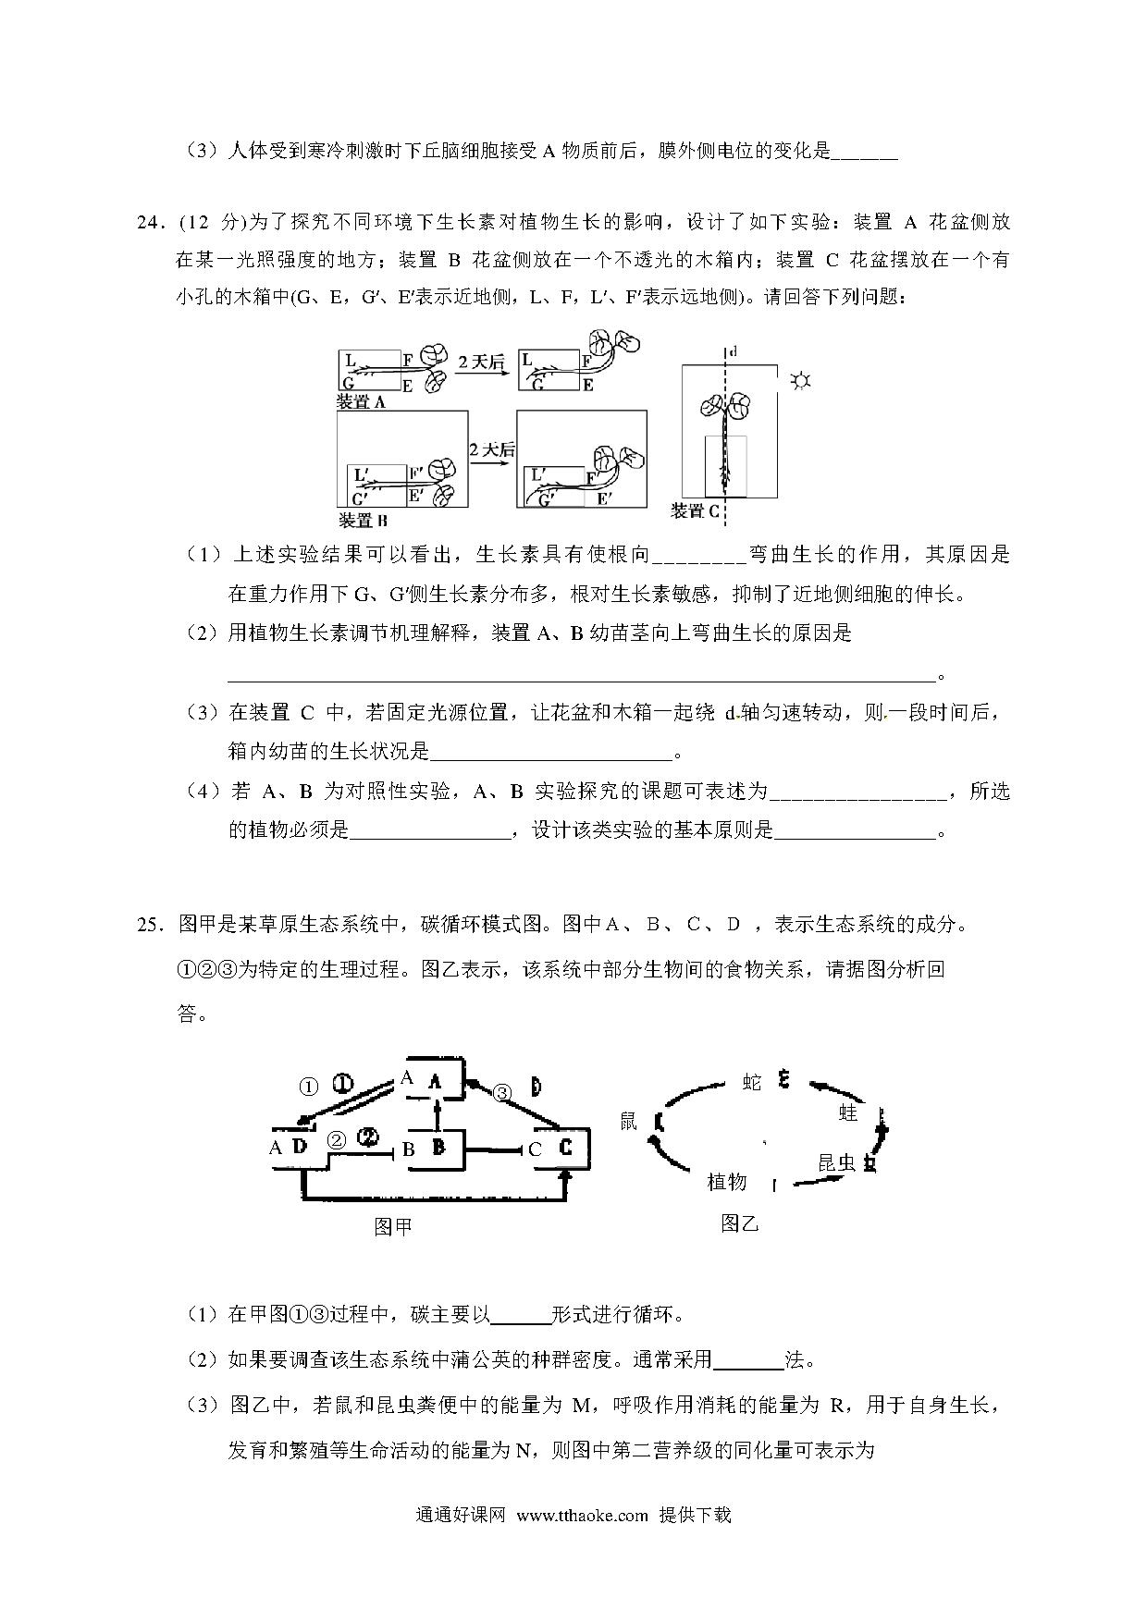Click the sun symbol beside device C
tap(800, 380)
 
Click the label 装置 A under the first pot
tap(361, 402)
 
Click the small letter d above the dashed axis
tap(734, 351)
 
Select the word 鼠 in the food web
tap(629, 1122)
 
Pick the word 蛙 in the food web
tap(848, 1112)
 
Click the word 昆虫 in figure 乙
tap(836, 1162)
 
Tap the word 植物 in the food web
tap(726, 1182)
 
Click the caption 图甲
tap(392, 1227)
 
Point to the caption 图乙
tap(739, 1223)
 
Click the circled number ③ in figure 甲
tap(502, 1093)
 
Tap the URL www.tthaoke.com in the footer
tap(582, 1516)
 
